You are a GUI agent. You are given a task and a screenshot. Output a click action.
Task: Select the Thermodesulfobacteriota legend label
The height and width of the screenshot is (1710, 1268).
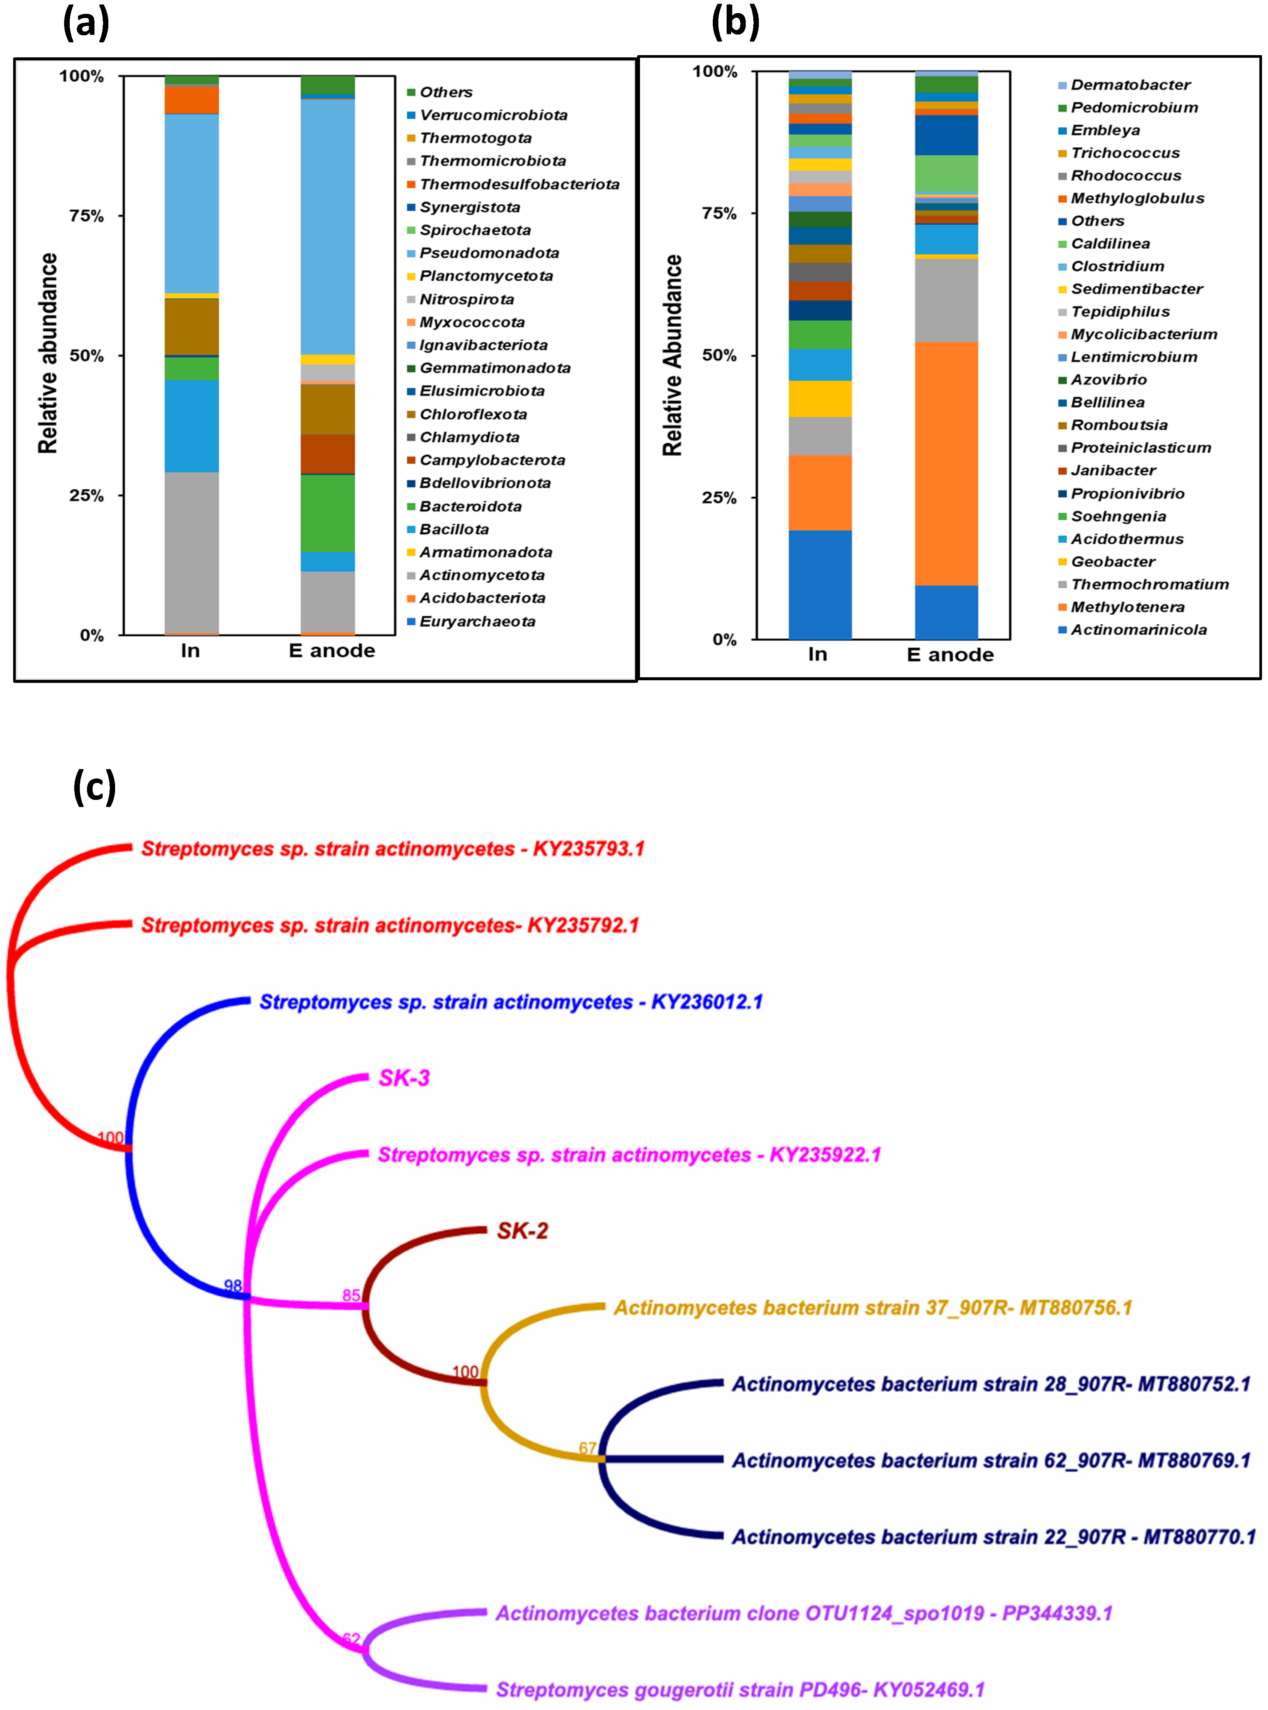519,184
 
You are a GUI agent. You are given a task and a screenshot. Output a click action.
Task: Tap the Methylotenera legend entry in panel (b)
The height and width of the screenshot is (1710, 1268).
1127,607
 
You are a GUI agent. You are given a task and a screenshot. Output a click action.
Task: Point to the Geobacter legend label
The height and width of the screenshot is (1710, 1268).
1113,562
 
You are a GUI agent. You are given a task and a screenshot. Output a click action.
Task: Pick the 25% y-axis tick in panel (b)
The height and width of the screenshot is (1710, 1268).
719,497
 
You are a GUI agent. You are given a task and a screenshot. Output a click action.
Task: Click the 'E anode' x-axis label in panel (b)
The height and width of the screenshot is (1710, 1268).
950,655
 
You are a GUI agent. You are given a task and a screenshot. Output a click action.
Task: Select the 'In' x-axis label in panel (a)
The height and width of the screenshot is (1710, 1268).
190,651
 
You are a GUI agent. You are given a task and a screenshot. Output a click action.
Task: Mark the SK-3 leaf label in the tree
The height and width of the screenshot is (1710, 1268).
405,1078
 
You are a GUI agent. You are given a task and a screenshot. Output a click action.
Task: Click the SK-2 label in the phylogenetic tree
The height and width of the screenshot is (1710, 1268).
522,1231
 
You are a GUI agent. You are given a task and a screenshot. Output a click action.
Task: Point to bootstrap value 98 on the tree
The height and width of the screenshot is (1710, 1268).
232,1285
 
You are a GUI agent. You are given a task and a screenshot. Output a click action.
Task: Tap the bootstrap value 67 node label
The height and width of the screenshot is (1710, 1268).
587,1448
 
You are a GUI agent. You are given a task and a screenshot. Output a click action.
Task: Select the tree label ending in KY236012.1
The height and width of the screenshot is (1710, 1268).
510,1002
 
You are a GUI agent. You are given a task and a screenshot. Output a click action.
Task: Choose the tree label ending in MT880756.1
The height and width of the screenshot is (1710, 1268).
873,1308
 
